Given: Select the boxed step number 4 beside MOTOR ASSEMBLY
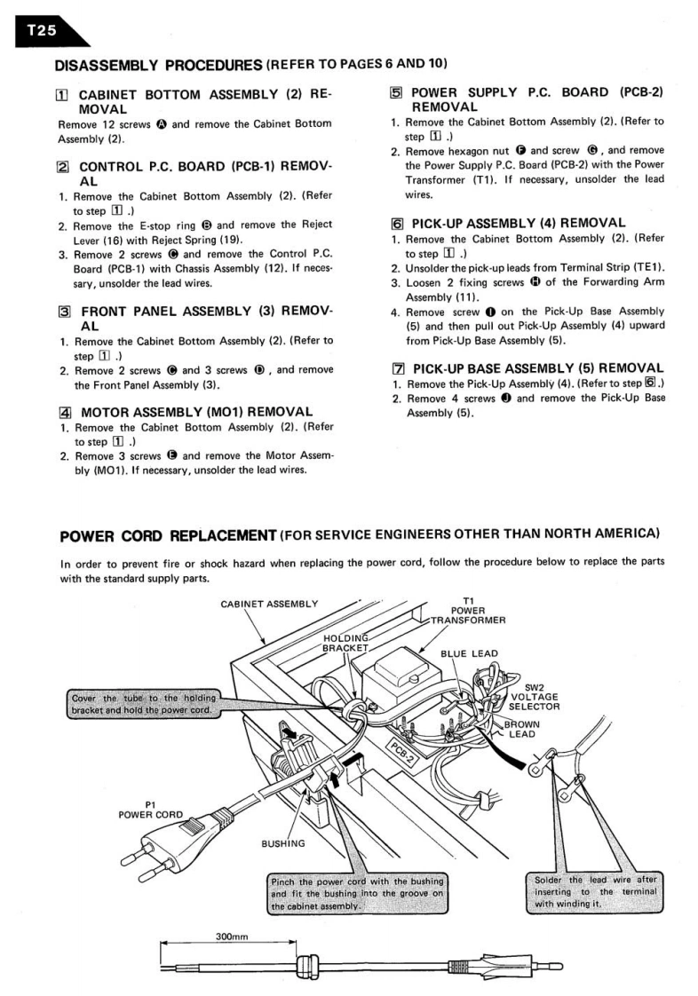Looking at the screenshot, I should click(64, 411).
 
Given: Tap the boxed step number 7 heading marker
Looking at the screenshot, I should click(397, 368).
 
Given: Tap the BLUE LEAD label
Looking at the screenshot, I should click(469, 654).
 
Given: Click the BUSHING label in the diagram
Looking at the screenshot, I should click(282, 842).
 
